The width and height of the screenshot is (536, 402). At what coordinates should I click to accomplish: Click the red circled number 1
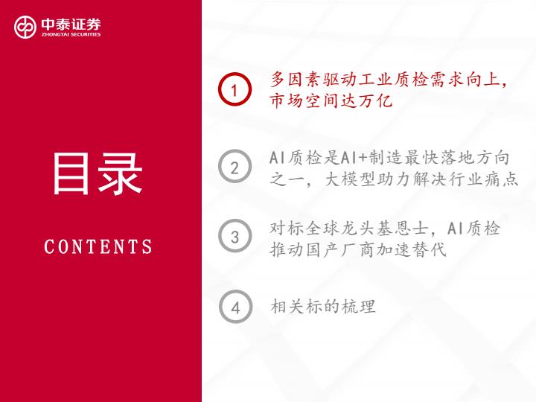click(x=234, y=89)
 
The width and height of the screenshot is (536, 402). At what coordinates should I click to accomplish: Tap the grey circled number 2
click(x=234, y=167)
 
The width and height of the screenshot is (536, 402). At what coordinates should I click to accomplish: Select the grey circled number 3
click(x=234, y=236)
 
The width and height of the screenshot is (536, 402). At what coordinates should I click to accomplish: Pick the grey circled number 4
click(x=235, y=307)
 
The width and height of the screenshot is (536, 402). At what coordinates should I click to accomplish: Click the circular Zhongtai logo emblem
click(x=25, y=27)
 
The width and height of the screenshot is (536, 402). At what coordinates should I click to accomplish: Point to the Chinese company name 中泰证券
click(x=71, y=24)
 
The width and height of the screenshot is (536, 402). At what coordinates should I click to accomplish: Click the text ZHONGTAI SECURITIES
click(x=71, y=34)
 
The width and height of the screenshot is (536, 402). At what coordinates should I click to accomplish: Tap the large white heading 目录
click(x=97, y=173)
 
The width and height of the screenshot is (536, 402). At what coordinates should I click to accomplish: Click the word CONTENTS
click(x=98, y=246)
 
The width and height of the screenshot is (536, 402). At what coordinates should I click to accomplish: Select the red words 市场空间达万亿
click(x=331, y=100)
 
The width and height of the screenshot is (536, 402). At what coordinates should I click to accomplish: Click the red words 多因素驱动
click(x=313, y=80)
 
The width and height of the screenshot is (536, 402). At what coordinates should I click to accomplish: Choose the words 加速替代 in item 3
click(x=412, y=249)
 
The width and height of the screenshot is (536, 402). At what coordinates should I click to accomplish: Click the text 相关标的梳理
click(x=323, y=306)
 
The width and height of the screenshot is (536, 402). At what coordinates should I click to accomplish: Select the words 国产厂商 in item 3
click(x=340, y=249)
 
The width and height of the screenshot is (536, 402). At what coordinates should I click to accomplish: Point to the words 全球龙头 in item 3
click(x=340, y=229)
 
